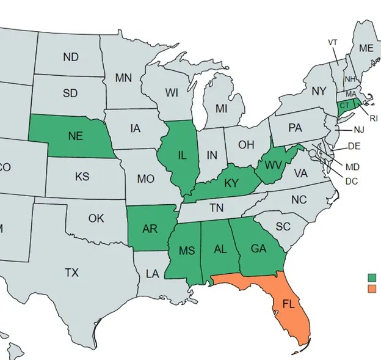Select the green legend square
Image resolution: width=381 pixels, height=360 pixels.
372,277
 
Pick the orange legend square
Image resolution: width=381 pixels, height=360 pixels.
372,288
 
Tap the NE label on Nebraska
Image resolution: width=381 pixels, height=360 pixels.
76,136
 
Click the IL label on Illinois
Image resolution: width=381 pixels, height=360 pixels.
182,155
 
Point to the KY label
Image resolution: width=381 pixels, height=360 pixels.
231,183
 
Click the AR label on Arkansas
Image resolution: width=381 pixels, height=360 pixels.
150,229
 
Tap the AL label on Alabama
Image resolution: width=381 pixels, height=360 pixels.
221,249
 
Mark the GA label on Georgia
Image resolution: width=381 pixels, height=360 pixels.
258,249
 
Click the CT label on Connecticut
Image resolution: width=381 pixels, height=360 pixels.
345,105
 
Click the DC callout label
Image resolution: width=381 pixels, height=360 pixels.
351,181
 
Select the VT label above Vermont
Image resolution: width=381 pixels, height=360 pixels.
333,42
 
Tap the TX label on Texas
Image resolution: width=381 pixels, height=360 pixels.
71,273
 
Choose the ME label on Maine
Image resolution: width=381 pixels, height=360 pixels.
366,48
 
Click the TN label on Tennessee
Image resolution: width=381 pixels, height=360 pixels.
216,208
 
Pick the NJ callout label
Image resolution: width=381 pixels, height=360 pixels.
358,130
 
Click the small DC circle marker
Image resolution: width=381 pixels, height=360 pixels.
312,152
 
